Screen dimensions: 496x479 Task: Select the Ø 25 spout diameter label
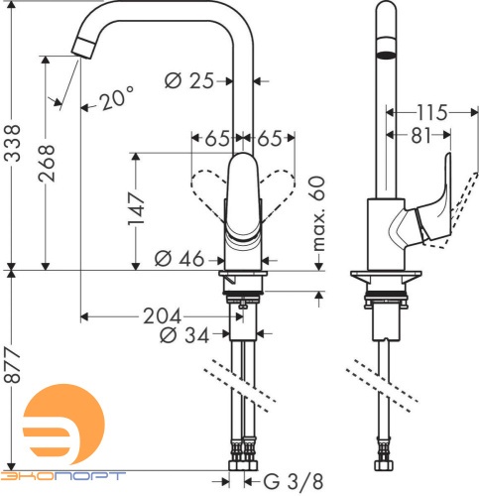189,82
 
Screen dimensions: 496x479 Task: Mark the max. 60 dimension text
316,213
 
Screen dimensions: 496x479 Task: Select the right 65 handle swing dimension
269,140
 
